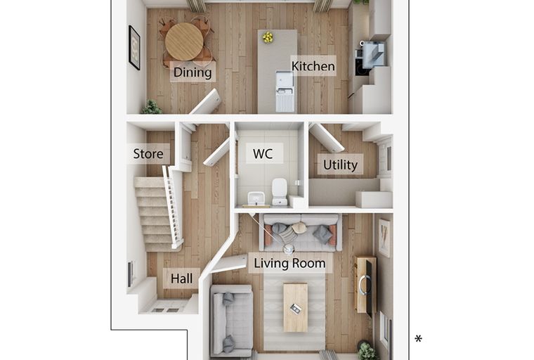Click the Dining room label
click(193, 72)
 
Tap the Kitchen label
click(313, 66)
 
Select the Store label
click(148, 154)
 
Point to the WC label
click(263, 154)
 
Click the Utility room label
click(340, 165)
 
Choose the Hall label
click(181, 278)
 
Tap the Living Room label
click(289, 263)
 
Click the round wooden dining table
click(184, 41)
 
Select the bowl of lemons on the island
click(268, 37)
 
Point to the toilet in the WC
click(280, 191)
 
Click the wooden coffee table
click(296, 307)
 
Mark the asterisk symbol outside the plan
click(418, 339)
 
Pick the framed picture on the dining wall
click(134, 48)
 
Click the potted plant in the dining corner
click(151, 107)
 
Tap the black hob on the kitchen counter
click(361, 67)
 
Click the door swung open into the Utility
click(326, 137)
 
